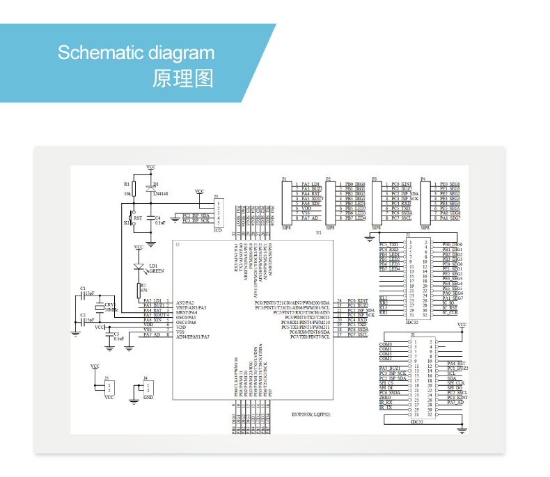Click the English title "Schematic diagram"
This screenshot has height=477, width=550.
coord(136,54)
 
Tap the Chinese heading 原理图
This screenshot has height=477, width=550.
coord(182,78)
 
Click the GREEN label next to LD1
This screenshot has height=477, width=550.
coord(157,271)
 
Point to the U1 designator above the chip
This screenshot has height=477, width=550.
coord(319,232)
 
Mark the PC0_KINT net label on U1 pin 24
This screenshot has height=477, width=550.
coord(357,300)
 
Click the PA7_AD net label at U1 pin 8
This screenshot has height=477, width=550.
coord(152,335)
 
